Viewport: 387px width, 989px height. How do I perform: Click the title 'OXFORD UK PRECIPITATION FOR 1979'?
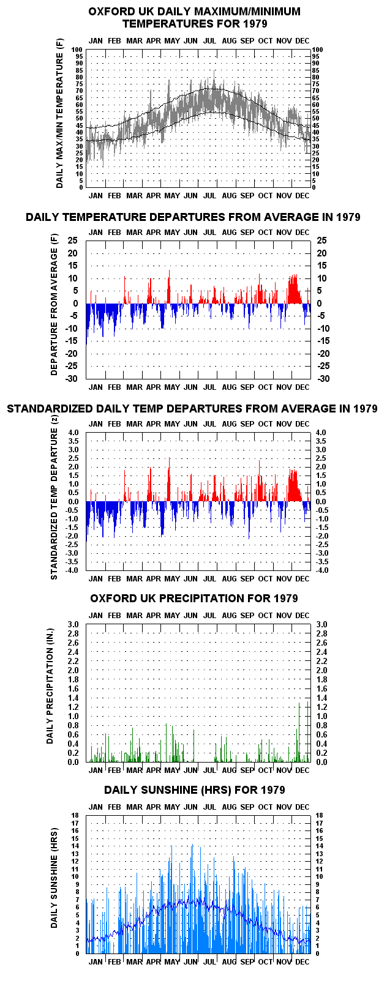(x=194, y=599)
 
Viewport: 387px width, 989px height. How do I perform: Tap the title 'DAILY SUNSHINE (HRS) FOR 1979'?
(x=194, y=790)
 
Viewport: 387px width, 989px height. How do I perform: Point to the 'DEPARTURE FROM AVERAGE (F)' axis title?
(x=54, y=305)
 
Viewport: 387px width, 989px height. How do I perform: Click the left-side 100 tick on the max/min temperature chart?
(x=77, y=50)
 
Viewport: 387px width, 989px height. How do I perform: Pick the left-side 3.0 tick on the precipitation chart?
(x=73, y=624)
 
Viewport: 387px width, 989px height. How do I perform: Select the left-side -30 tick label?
(x=72, y=379)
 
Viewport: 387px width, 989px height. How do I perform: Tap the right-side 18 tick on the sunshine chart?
(x=319, y=815)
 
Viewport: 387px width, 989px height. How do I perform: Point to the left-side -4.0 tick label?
(x=72, y=570)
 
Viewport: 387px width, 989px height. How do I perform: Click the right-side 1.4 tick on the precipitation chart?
(x=321, y=698)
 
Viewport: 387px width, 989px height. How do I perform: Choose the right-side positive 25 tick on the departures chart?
(x=321, y=241)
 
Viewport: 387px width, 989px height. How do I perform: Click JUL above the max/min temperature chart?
(x=209, y=41)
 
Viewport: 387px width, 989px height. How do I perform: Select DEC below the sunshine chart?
(x=302, y=961)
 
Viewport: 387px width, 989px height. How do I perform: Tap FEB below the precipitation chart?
(x=114, y=771)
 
